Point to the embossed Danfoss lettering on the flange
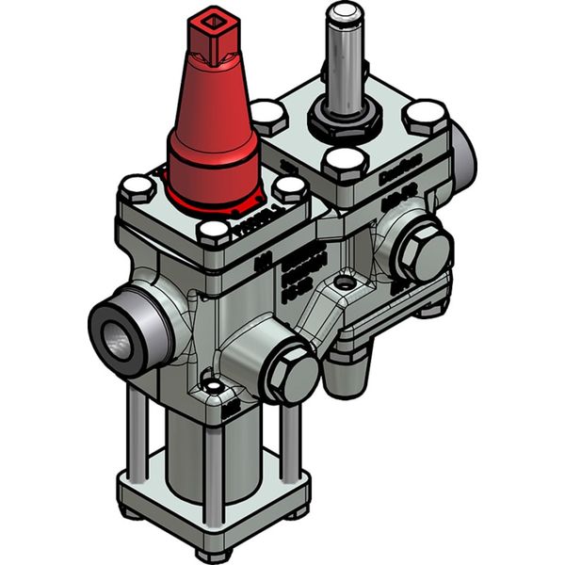coord(399,174)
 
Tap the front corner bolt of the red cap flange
coord(216,232)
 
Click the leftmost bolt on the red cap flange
coord(137,188)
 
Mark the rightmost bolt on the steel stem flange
coord(427,117)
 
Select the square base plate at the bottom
coord(217,504)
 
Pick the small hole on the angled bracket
coord(350,282)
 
